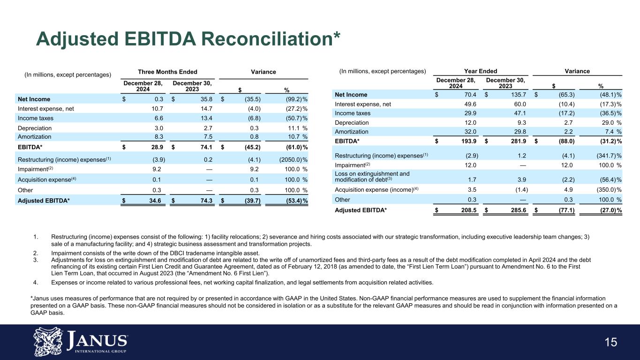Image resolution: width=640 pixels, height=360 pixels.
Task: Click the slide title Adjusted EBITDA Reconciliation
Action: point(188,39)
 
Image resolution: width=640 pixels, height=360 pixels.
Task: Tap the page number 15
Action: point(610,343)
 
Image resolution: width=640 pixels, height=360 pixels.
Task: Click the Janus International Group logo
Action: point(81,341)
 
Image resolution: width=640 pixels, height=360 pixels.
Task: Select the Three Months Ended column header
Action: point(167,72)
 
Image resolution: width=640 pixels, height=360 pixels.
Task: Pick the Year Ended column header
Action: point(481,71)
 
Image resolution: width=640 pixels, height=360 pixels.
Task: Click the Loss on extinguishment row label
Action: point(372,177)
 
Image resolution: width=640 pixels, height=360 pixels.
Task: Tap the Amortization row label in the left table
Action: point(35,137)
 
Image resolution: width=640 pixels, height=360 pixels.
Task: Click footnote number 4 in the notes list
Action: point(36,282)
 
